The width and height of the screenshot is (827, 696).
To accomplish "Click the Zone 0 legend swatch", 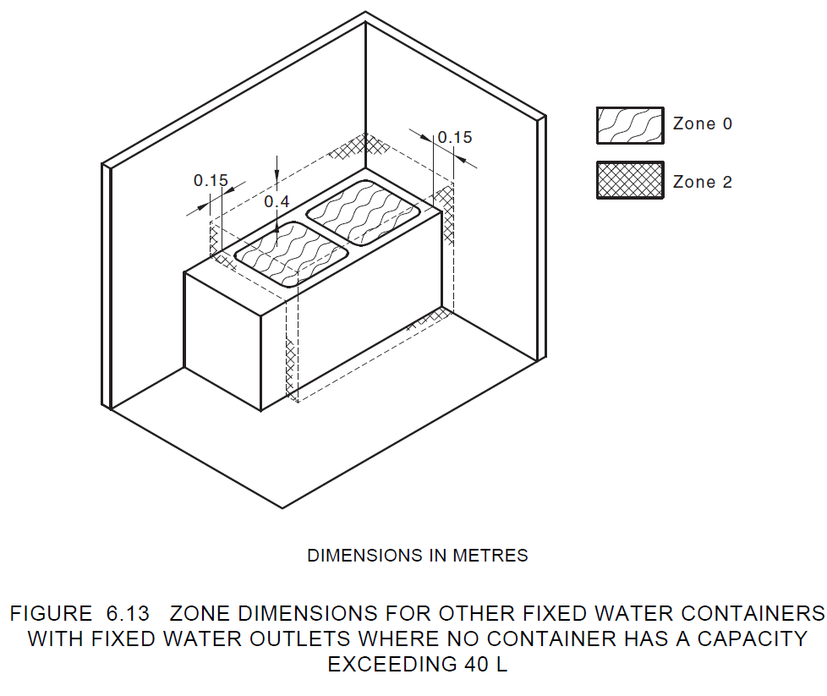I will coord(630,125).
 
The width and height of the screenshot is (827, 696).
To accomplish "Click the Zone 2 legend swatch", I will coord(630,180).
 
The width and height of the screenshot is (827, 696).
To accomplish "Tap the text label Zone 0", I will coord(702,123).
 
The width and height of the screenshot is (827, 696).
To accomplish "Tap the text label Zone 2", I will coord(702,182).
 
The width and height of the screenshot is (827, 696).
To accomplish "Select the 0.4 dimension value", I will coord(277,201).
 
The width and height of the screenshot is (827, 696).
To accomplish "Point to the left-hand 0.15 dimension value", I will coord(211,180).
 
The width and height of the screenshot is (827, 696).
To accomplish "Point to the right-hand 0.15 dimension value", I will coord(455,137).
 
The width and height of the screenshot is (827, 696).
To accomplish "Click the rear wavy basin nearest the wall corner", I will coord(364,214).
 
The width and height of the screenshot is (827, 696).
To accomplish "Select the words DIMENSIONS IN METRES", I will coord(417,556).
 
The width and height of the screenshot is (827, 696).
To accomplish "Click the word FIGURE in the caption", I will coord(51,612).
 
